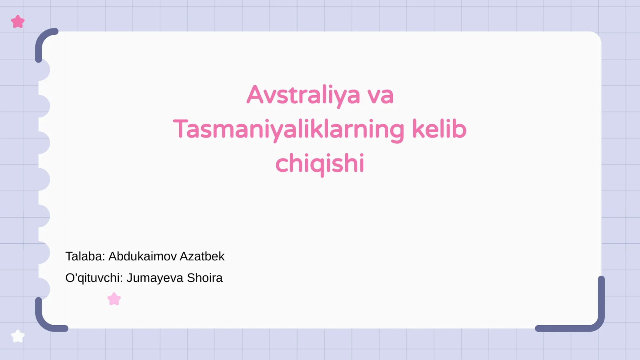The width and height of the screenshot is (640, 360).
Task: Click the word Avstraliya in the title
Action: click(303, 95)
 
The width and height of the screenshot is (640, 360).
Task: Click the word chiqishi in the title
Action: click(320, 163)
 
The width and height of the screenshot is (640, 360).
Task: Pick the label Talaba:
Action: click(85, 256)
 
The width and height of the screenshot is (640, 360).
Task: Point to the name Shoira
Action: click(205, 278)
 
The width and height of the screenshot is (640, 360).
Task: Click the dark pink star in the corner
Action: click(18, 22)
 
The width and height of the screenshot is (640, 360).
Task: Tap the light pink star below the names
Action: click(114, 299)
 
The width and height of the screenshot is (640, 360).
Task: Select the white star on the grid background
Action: click(18, 336)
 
